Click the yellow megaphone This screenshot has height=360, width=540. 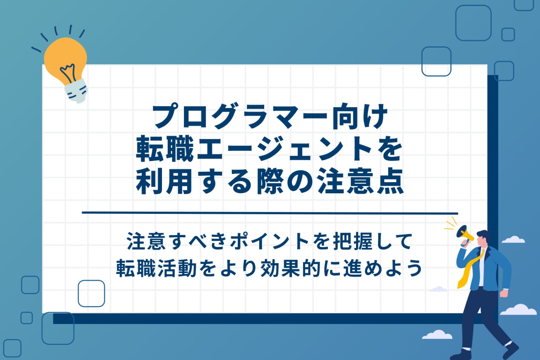click(464, 234)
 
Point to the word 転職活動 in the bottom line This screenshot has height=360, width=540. click(156, 268)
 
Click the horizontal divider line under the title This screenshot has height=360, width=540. click(270, 213)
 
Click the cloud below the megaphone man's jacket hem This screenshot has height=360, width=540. click(439, 289)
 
